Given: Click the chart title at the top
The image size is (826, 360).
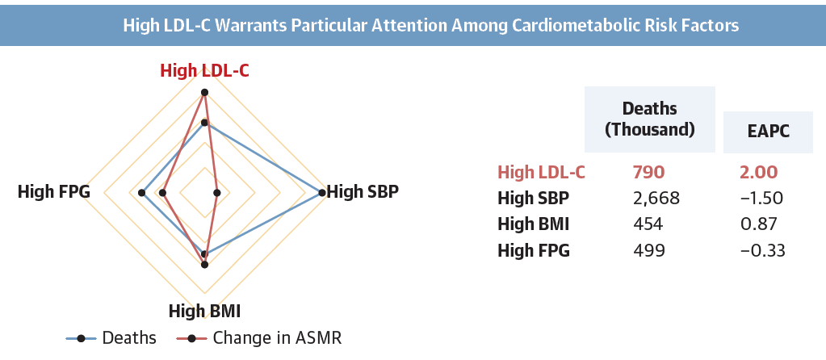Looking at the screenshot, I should click(430, 25).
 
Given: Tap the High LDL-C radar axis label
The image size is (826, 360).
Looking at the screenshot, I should click(204, 70).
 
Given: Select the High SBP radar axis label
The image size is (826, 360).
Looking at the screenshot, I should click(363, 192).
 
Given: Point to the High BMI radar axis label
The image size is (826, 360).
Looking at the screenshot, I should click(204, 311).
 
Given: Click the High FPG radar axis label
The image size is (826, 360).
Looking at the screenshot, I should click(53, 192).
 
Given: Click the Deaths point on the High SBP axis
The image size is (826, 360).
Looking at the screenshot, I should click(321, 192).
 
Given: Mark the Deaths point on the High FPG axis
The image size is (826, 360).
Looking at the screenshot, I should click(142, 192).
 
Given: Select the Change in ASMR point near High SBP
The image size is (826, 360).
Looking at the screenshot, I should click(217, 192).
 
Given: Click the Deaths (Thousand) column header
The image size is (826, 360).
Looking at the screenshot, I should click(650, 119).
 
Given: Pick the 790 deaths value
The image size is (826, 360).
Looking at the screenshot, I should click(649, 172).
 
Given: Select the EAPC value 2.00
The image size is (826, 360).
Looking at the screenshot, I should click(758, 172).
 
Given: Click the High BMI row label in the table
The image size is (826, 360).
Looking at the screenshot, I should click(535, 224).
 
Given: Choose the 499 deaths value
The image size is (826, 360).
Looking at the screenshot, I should click(649, 250).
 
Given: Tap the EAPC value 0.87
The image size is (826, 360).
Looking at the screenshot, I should click(758, 224).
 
